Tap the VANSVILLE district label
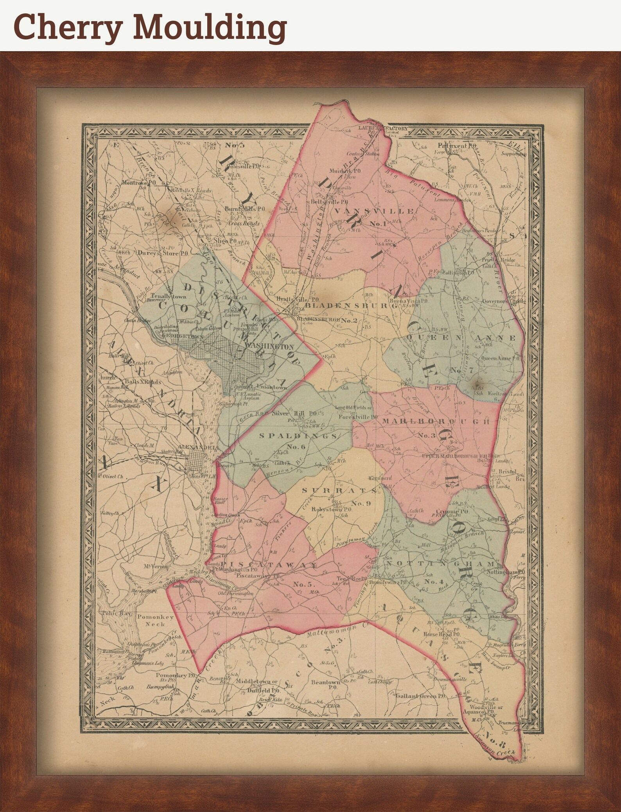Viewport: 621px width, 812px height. coord(373,212)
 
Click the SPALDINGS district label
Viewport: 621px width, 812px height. coord(298,436)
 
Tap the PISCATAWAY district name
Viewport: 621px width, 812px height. coord(269,565)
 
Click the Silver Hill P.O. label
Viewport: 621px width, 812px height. coord(294,413)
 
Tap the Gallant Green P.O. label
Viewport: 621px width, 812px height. coord(420,696)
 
